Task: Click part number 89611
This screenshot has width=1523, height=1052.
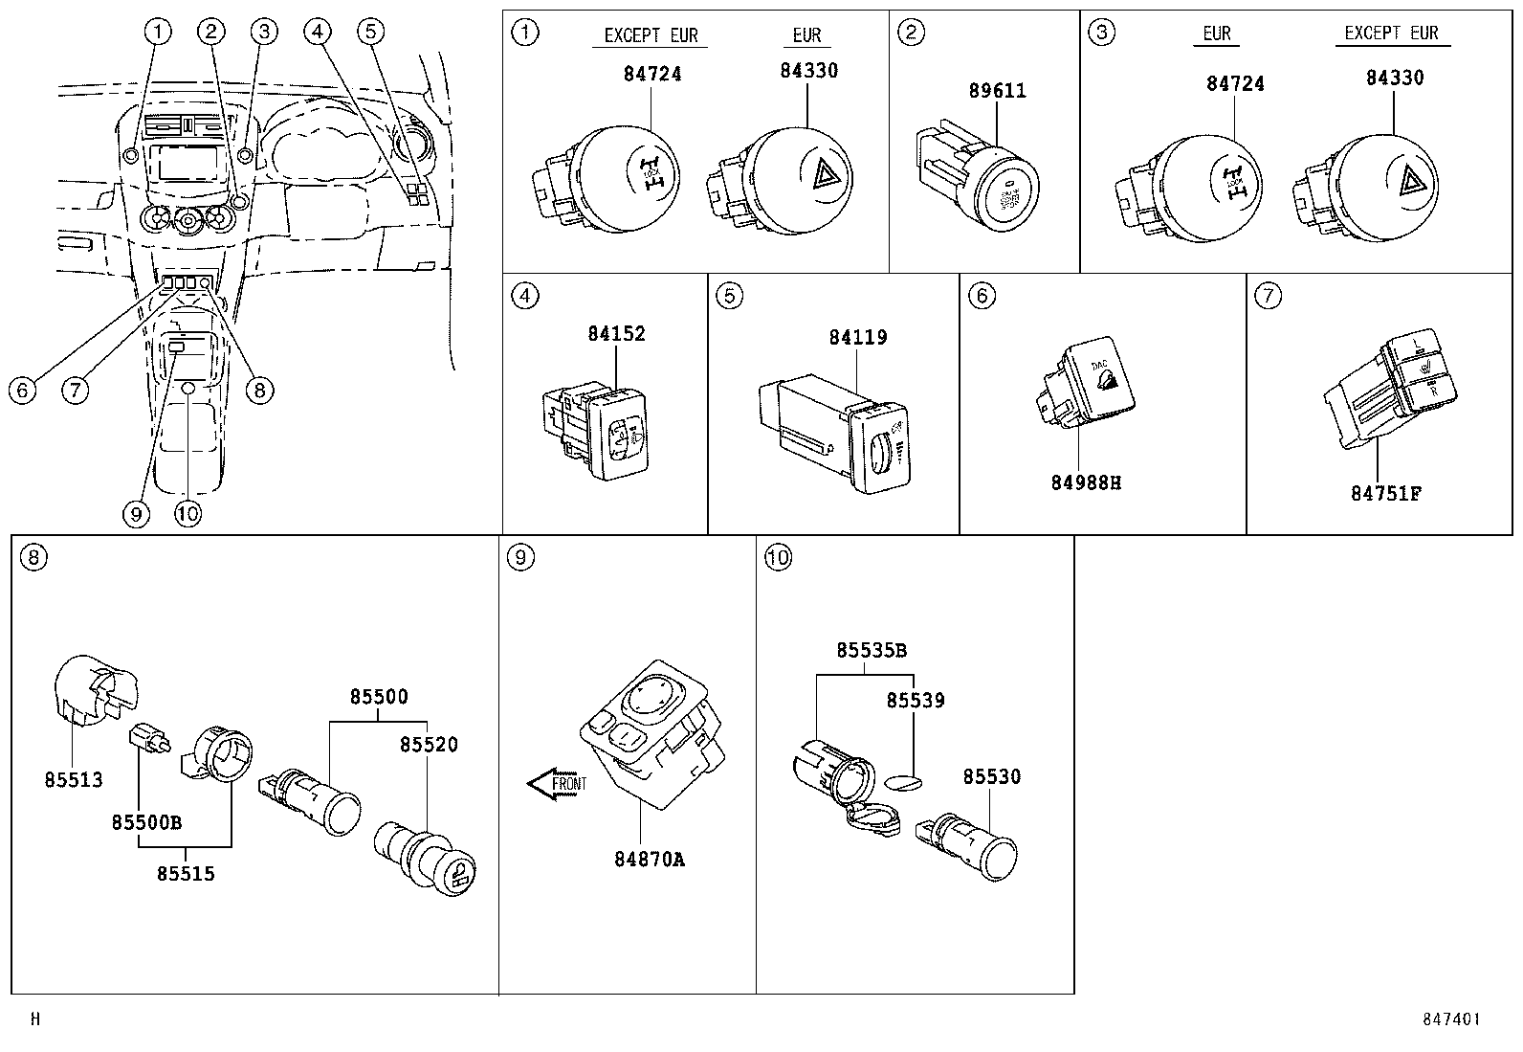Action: (x=997, y=91)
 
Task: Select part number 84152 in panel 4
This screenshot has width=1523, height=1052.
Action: (x=616, y=333)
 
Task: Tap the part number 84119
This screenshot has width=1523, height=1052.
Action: (x=857, y=337)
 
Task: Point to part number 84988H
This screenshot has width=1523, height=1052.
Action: (x=1086, y=482)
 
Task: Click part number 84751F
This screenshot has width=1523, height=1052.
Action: (x=1385, y=493)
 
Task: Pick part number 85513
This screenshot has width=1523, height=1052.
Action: (x=73, y=779)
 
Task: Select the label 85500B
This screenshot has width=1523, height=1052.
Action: (x=146, y=822)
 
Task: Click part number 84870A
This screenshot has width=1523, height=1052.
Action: (x=650, y=859)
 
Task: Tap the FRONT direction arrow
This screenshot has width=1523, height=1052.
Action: (x=558, y=784)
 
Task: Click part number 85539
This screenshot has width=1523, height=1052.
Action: (x=915, y=700)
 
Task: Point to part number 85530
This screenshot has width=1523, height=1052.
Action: (x=991, y=776)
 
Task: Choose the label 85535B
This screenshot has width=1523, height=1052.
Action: (x=871, y=650)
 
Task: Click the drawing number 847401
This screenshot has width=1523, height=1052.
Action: (x=1450, y=1019)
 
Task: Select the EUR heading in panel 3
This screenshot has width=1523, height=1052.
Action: (x=1216, y=34)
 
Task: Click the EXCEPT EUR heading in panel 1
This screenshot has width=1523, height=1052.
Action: (x=651, y=35)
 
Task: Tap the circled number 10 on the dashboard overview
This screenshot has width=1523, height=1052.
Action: (x=188, y=514)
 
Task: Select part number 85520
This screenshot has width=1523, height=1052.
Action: (x=429, y=744)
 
